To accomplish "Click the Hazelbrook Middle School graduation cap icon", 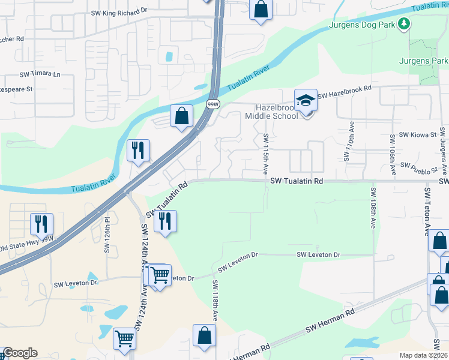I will pyautogui.click(x=306, y=100).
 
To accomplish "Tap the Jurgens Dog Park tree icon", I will pyautogui.click(x=405, y=24).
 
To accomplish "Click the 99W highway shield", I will pyautogui.click(x=212, y=104).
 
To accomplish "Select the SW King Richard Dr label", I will pyautogui.click(x=119, y=11).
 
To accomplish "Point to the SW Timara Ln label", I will pyautogui.click(x=40, y=74).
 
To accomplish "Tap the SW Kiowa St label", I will pyautogui.click(x=417, y=135).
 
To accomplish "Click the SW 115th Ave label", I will pyautogui.click(x=265, y=154).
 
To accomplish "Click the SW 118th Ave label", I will pyautogui.click(x=214, y=300).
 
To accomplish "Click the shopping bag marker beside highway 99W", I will pyautogui.click(x=181, y=116).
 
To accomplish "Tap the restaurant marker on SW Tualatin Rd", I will pyautogui.click(x=165, y=221).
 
